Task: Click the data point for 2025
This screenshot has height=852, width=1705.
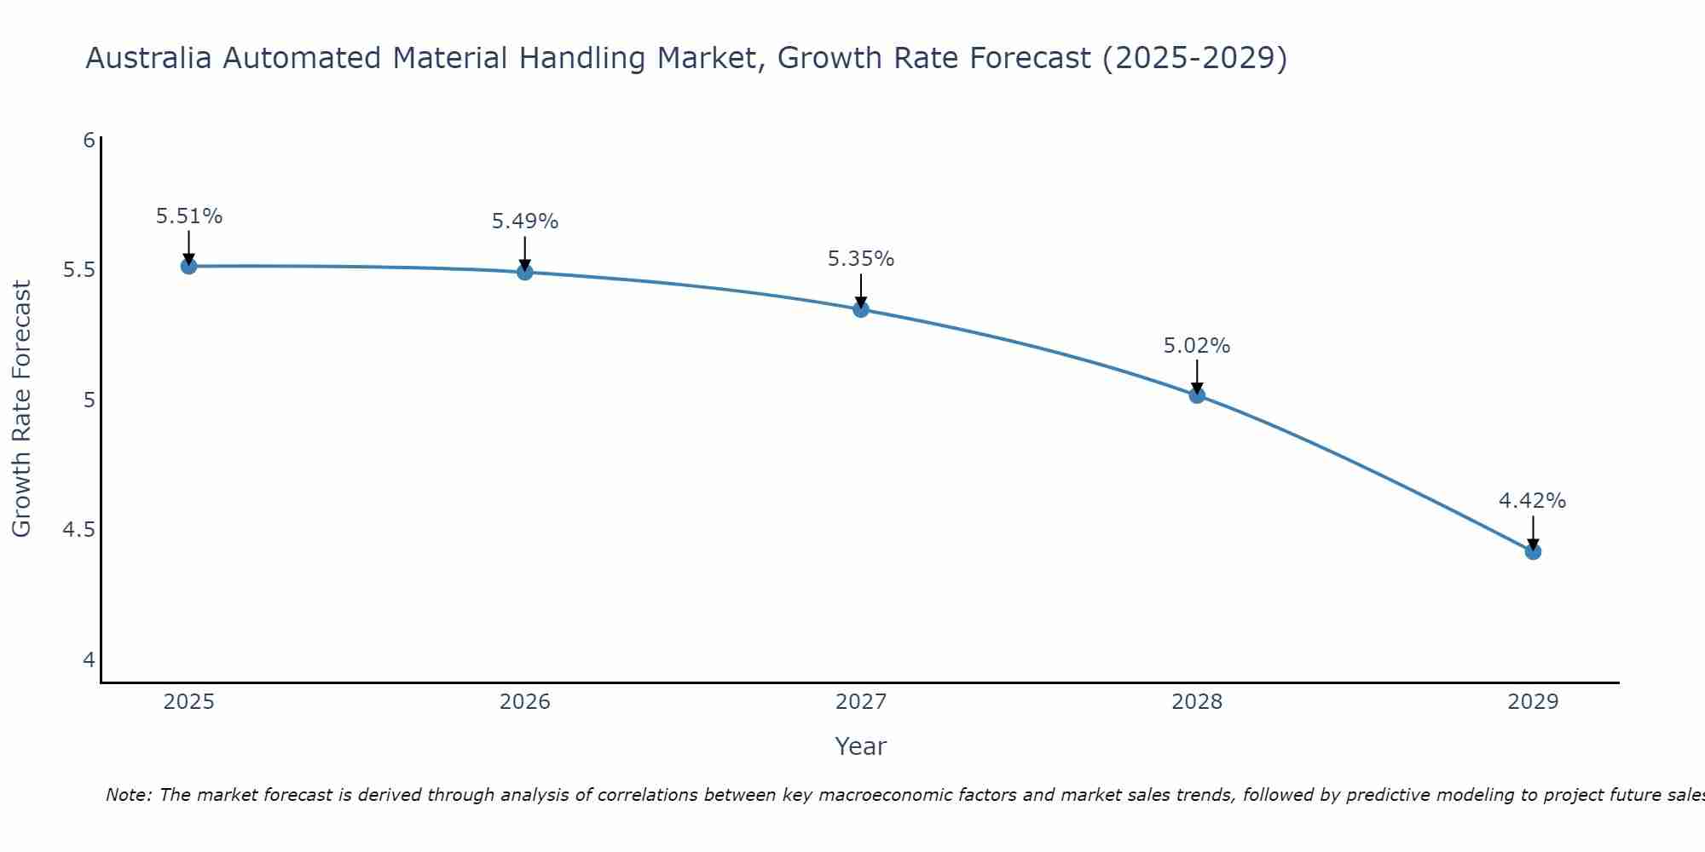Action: pyautogui.click(x=189, y=267)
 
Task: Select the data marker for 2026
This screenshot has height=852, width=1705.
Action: pyautogui.click(x=525, y=272)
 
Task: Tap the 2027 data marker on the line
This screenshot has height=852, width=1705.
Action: pyautogui.click(x=861, y=309)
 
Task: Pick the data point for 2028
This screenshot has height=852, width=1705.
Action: pyautogui.click(x=1197, y=395)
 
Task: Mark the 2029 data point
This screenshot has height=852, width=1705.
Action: pyautogui.click(x=1533, y=552)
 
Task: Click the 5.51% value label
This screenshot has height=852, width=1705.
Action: pyautogui.click(x=189, y=216)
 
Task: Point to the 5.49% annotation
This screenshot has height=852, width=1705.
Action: pyautogui.click(x=525, y=222)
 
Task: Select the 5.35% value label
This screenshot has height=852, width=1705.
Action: pyautogui.click(x=861, y=259)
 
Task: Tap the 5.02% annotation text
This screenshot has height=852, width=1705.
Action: pyautogui.click(x=1197, y=346)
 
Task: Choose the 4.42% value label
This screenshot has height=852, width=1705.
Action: pyautogui.click(x=1533, y=501)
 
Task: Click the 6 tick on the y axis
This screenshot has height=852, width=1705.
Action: pyautogui.click(x=89, y=140)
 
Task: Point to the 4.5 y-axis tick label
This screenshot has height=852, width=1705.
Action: pyautogui.click(x=78, y=530)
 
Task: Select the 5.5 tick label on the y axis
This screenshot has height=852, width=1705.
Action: pyautogui.click(x=78, y=270)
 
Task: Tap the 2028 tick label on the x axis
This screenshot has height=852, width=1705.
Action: pyautogui.click(x=1197, y=702)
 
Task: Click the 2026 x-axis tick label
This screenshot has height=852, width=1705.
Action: pyautogui.click(x=525, y=702)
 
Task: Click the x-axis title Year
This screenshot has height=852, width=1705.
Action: pyautogui.click(x=861, y=746)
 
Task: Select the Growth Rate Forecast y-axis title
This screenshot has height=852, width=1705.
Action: pyautogui.click(x=22, y=409)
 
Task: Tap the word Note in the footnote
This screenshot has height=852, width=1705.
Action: pyautogui.click(x=128, y=795)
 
